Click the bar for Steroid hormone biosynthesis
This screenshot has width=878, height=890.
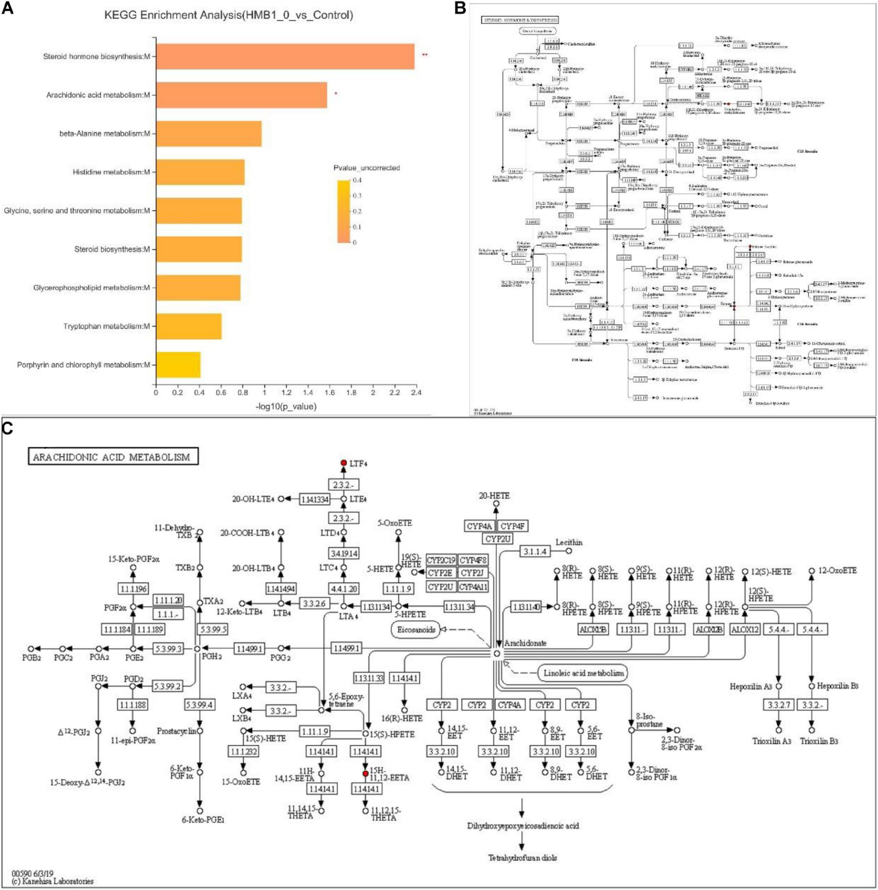(x=285, y=56)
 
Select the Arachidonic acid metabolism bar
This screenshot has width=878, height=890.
(x=241, y=95)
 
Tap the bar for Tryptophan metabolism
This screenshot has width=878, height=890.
(x=189, y=326)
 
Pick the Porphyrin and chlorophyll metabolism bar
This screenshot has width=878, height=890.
(x=178, y=365)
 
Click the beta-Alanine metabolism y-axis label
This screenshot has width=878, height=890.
(x=105, y=133)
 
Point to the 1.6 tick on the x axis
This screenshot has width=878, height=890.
(x=330, y=393)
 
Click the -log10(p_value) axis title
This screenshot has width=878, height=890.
(x=286, y=406)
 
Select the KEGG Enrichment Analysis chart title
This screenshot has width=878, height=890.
(x=228, y=15)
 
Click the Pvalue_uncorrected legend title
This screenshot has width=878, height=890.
(x=366, y=168)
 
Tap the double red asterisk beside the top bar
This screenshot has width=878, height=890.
(x=424, y=55)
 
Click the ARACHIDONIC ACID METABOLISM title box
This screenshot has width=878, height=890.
(x=113, y=457)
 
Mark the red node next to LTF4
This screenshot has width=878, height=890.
(x=343, y=462)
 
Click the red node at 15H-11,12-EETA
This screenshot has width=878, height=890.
(x=365, y=774)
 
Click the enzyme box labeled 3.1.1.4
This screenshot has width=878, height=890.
(x=535, y=551)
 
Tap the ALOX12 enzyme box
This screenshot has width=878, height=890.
(x=745, y=629)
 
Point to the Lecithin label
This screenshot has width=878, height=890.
(x=569, y=542)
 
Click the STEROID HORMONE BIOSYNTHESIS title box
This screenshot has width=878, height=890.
(x=519, y=20)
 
